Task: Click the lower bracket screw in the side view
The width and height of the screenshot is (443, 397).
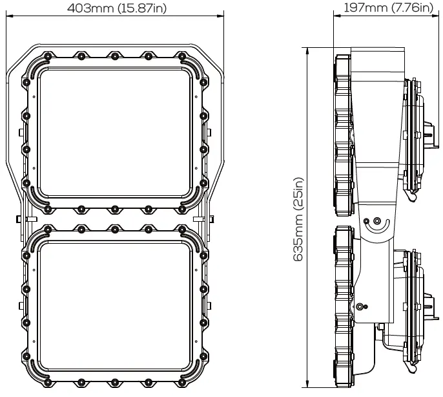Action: coord(366,306)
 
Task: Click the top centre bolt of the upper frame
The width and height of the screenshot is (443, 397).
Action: coord(114,56)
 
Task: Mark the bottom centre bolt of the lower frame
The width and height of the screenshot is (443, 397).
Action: coord(114,383)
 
